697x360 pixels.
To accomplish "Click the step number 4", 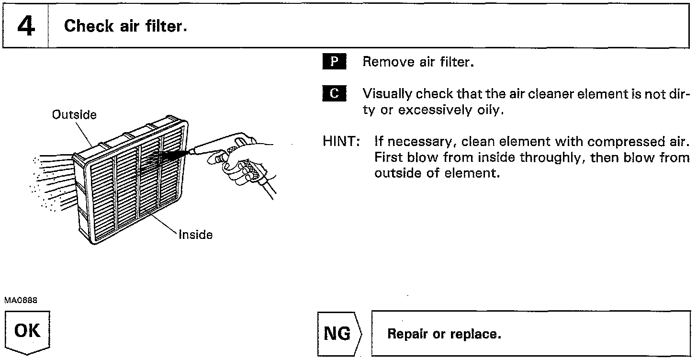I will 25,26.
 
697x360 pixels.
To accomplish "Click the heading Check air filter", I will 124,26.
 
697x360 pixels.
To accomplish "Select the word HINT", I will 341,142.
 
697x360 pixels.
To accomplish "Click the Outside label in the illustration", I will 74,115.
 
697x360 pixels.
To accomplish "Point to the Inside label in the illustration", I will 195,235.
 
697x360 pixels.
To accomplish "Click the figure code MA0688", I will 21,300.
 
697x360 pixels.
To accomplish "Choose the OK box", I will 28,332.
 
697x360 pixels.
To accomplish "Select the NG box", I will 338,334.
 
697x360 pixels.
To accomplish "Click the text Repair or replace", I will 444,334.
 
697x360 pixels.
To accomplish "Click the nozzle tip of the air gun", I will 190,152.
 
